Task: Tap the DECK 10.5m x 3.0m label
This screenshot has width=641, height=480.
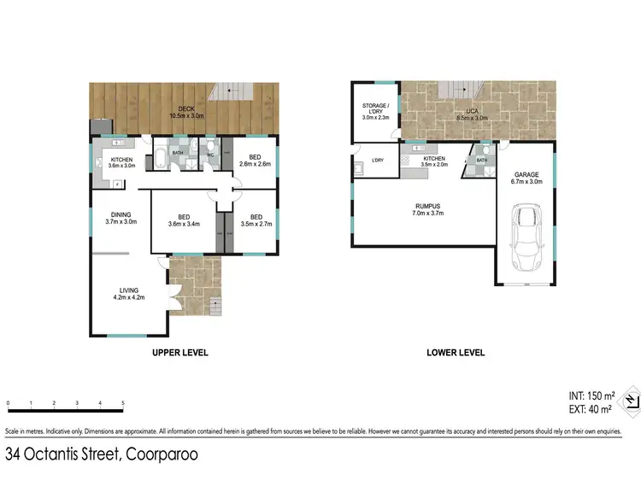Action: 185,112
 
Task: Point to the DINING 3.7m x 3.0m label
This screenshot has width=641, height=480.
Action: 121,219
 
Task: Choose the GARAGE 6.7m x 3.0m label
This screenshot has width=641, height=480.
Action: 526,178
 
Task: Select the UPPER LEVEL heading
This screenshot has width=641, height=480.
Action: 180,353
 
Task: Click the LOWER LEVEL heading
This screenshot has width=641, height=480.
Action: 456,353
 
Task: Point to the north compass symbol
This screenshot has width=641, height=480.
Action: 629,400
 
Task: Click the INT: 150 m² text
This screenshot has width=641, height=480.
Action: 591,395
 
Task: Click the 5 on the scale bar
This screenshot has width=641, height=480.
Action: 123,403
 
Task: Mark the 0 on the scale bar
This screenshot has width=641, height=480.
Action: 8,403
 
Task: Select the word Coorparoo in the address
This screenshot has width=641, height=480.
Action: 162,454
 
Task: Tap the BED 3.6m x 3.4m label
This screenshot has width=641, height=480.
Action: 184,220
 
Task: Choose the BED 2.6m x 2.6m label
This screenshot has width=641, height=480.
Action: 254,160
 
